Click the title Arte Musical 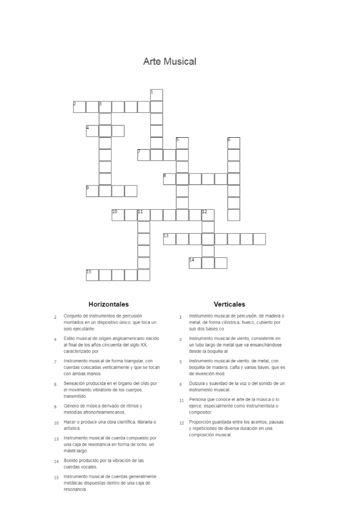[170, 62]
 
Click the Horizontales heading [108, 304]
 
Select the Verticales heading [229, 304]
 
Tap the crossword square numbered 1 [157, 95]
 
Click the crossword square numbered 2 [80, 107]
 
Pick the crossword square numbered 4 [92, 131]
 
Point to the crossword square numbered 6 [234, 143]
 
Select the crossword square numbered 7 [144, 155]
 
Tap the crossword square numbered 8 [170, 179]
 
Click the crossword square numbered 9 [92, 191]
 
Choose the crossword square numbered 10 [118, 215]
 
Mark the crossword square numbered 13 [170, 239]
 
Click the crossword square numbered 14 [195, 263]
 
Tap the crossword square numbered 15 [92, 275]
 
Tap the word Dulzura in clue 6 [197, 384]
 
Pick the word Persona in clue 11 [198, 400]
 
